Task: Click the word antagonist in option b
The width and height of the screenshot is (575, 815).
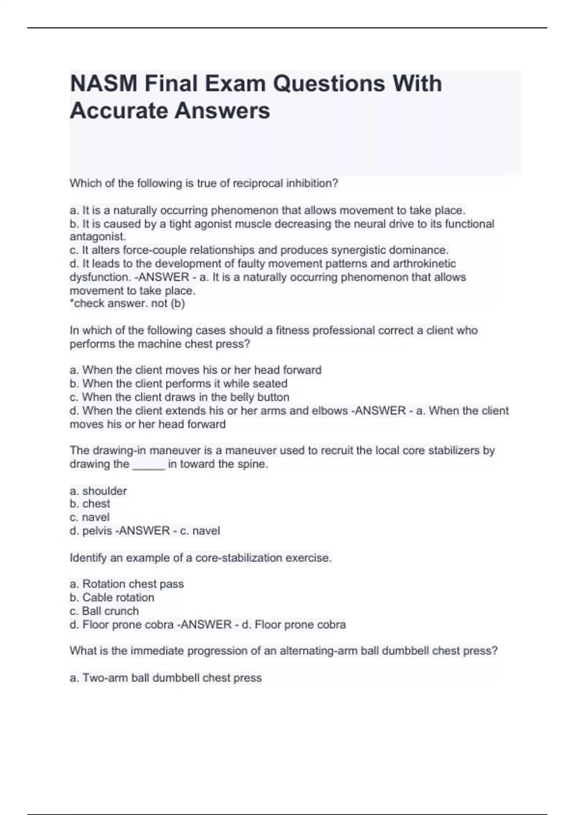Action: (97, 237)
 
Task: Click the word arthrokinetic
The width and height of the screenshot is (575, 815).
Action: (424, 264)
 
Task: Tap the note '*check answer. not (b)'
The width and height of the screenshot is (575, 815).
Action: (127, 303)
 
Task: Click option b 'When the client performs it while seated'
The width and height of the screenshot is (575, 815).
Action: (179, 384)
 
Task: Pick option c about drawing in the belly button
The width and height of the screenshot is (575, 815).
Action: (180, 397)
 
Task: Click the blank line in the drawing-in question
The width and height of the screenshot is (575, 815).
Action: (149, 464)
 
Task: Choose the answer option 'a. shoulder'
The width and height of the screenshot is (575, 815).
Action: (98, 491)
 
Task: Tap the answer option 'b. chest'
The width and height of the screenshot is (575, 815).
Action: (90, 504)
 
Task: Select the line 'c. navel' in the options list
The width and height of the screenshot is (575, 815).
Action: (90, 517)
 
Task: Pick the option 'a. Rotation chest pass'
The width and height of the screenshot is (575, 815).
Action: (127, 584)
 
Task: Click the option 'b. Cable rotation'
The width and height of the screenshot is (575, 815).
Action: (112, 597)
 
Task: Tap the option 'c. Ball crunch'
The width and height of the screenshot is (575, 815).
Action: (104, 611)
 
